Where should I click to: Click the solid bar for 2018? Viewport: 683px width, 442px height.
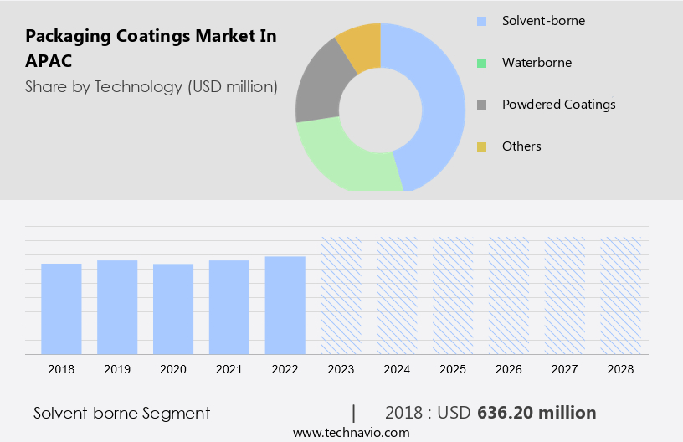(x=61, y=308)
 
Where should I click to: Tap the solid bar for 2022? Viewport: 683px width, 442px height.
(x=285, y=305)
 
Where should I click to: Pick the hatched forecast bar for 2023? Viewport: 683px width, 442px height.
(x=341, y=295)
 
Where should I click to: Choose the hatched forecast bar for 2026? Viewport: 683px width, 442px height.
(x=509, y=295)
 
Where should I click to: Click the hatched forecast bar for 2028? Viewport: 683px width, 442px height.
(x=620, y=295)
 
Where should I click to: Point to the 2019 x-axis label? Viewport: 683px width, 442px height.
(x=117, y=369)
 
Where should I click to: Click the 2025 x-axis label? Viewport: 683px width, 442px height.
(x=453, y=369)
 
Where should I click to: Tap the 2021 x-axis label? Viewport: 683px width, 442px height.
(x=229, y=369)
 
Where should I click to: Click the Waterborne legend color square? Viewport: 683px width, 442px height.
(x=481, y=63)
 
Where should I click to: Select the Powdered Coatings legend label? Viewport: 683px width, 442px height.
(x=558, y=105)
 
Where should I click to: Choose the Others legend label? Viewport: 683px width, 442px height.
(x=521, y=146)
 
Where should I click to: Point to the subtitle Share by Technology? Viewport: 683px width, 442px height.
(x=151, y=86)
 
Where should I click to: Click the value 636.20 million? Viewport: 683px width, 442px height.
(x=537, y=413)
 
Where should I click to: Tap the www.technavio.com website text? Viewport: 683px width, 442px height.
(x=351, y=433)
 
